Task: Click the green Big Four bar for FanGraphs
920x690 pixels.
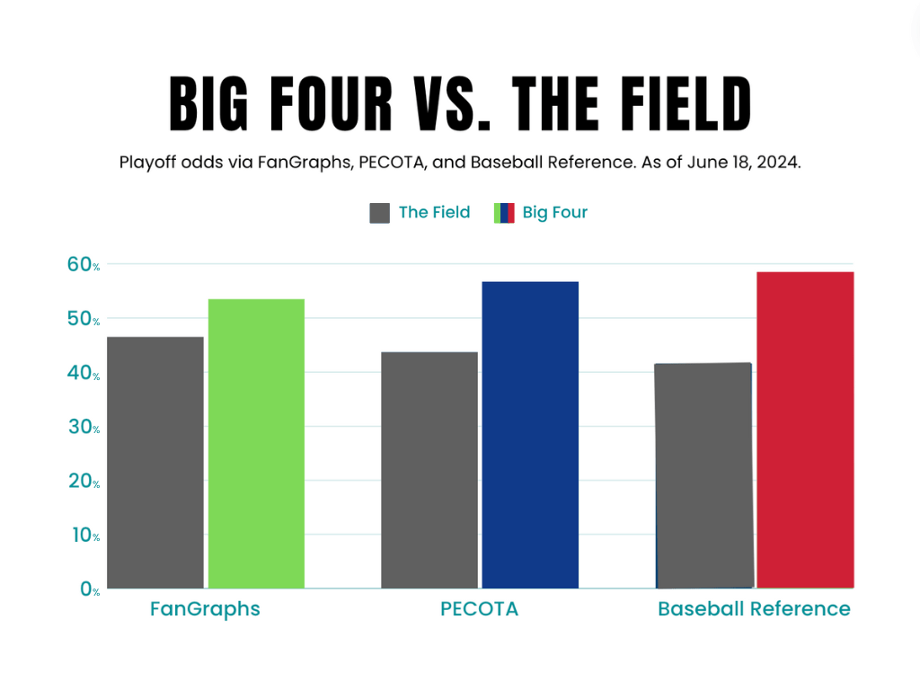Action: click(x=256, y=444)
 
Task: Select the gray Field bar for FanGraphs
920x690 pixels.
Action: click(x=155, y=463)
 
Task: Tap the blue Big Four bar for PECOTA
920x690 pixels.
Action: click(x=530, y=435)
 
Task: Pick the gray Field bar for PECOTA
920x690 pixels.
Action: click(x=429, y=470)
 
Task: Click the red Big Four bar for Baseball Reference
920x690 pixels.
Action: click(x=805, y=430)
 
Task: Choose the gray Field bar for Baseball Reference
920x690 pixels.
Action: click(x=704, y=475)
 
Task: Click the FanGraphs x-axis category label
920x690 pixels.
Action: click(x=205, y=609)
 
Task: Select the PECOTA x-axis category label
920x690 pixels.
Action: click(x=479, y=609)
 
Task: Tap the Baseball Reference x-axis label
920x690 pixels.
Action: click(x=754, y=609)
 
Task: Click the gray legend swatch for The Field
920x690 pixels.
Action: click(x=379, y=213)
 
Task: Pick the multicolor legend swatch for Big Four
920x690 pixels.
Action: click(x=504, y=213)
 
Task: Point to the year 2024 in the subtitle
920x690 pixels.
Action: click(x=778, y=164)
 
